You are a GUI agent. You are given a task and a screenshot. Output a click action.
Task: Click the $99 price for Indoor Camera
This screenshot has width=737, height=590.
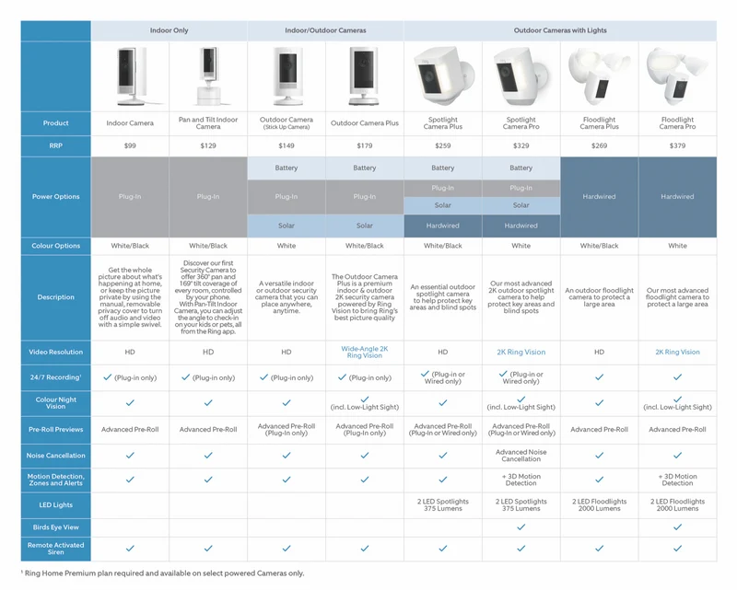[x=130, y=145]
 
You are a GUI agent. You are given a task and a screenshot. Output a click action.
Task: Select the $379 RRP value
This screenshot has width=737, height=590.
[x=677, y=145]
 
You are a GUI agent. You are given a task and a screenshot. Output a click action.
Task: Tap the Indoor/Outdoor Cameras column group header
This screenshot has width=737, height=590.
[x=325, y=30]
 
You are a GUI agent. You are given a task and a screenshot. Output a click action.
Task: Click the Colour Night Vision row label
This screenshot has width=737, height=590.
[x=55, y=403]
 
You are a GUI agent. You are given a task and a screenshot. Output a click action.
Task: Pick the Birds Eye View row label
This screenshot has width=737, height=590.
[x=55, y=527]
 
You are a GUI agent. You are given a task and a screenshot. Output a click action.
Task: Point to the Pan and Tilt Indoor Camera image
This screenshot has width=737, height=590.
[x=208, y=76]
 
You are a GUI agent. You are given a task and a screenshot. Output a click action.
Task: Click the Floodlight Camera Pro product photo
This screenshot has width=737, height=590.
[x=677, y=76]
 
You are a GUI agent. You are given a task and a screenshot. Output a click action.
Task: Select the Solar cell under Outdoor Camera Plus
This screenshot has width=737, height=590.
[x=364, y=226]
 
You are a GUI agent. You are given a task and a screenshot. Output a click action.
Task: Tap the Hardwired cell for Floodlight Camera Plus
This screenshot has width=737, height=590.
[x=600, y=197]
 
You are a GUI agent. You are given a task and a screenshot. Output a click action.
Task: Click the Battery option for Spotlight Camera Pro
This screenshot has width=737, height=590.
[x=521, y=168]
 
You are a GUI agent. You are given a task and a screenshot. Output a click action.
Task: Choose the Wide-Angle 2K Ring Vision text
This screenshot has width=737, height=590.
[x=364, y=352]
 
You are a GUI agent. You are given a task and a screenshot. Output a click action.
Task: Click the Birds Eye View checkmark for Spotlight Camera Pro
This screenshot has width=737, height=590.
[x=521, y=527]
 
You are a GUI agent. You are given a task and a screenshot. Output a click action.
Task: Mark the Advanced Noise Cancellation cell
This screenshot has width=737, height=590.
[x=521, y=456]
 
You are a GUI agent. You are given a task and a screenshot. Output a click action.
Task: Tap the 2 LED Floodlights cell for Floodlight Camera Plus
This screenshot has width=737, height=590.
[x=600, y=505]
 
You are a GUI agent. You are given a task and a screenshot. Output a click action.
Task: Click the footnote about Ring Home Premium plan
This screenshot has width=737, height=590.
[x=163, y=573]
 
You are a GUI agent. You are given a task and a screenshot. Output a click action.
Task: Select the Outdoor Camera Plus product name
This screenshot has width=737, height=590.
[x=364, y=123]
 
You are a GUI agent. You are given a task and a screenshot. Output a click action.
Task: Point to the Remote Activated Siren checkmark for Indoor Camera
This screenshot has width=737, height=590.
[x=130, y=549]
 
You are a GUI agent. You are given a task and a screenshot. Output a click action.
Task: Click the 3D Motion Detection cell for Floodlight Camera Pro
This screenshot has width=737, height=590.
[x=677, y=480]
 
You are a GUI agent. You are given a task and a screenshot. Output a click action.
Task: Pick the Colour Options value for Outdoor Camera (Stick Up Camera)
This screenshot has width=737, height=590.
[x=287, y=246]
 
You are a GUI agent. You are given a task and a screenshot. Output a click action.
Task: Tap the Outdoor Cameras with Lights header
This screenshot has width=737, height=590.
[x=560, y=30]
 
